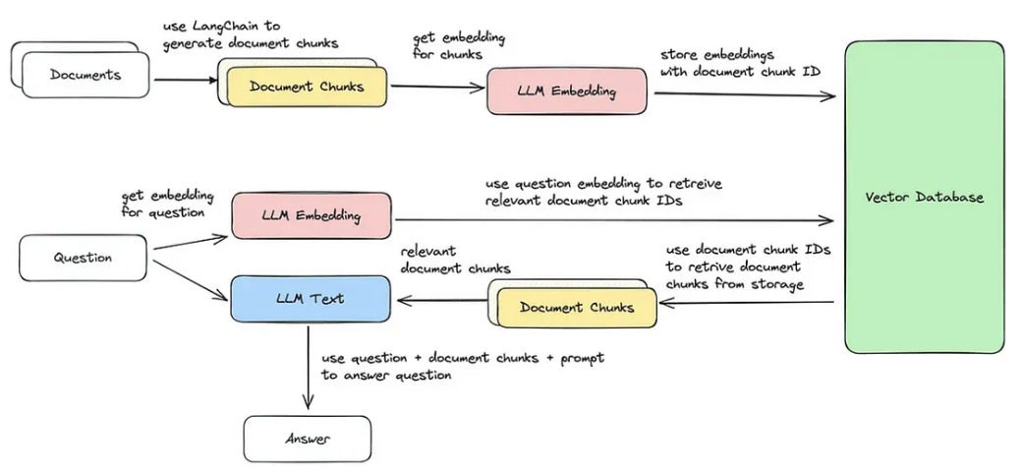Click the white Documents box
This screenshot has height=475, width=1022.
85,75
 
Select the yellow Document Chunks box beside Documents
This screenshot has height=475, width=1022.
307,87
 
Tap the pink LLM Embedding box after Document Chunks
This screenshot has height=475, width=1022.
567,91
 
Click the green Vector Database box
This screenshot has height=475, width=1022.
925,197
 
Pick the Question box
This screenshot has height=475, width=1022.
83,258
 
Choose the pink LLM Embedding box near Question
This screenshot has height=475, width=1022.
312,215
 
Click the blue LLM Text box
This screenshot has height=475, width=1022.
311,299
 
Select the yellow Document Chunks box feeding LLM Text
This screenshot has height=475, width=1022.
577,307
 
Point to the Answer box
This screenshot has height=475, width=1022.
307,440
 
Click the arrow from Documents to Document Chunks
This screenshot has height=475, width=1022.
185,81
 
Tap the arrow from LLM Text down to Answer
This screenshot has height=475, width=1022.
308,368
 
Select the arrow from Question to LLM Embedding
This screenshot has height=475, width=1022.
191,242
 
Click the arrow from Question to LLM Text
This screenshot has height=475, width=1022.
191,280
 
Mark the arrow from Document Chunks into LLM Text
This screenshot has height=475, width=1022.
441,300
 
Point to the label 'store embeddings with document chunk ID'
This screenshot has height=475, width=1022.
740,63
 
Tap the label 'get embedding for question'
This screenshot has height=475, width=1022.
167,203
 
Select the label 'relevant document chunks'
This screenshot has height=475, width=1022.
455,260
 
